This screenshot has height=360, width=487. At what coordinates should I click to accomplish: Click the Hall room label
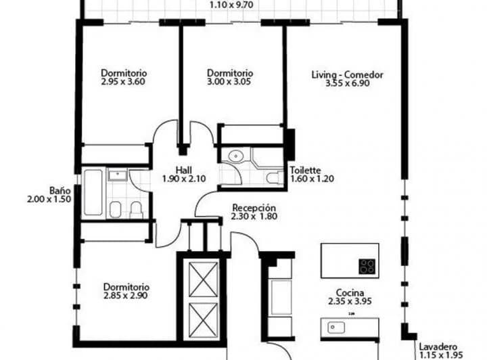coord(183,171)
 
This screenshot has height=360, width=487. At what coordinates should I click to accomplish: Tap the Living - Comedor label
coord(348,74)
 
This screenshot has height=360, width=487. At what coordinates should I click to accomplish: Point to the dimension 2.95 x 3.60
coord(124,81)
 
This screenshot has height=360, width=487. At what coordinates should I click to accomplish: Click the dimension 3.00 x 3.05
coord(230,81)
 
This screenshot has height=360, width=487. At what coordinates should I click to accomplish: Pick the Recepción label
coord(254,208)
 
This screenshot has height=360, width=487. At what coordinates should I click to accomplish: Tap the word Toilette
coord(304,171)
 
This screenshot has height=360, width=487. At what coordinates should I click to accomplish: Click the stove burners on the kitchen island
coord(368,265)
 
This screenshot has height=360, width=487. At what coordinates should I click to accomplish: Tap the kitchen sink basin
coord(333,328)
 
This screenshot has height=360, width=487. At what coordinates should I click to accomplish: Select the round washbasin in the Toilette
coord(235,156)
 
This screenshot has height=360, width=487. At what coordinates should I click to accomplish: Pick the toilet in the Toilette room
coord(273,178)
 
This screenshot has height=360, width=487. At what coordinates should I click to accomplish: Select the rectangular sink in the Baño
coord(119,176)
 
